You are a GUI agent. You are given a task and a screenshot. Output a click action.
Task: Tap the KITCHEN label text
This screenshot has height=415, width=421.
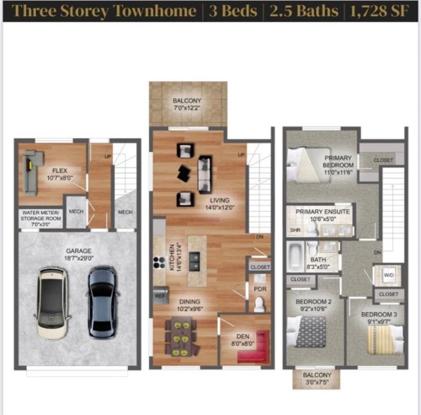(173, 255)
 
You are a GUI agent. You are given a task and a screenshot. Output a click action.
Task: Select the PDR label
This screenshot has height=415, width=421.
(259, 288)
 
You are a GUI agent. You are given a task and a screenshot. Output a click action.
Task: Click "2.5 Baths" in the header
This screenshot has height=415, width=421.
(297, 12)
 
